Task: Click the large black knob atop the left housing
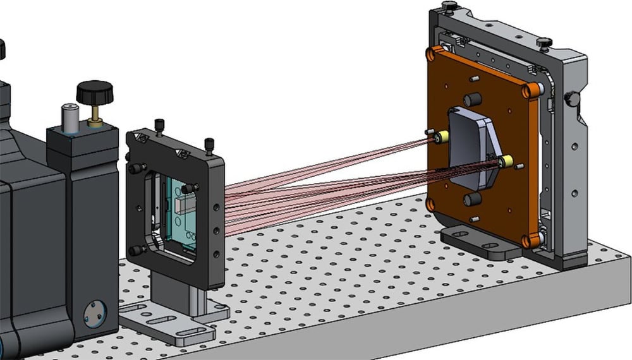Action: coord(94,92)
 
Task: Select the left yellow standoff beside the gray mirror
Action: coord(442,136)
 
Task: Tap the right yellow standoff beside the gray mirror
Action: coord(506,162)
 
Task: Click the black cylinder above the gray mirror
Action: coord(472,100)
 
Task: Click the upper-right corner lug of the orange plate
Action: coord(535,90)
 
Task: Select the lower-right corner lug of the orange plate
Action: coord(530,241)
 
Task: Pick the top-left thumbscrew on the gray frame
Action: coord(449,6)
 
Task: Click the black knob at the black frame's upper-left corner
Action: coord(134,169)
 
